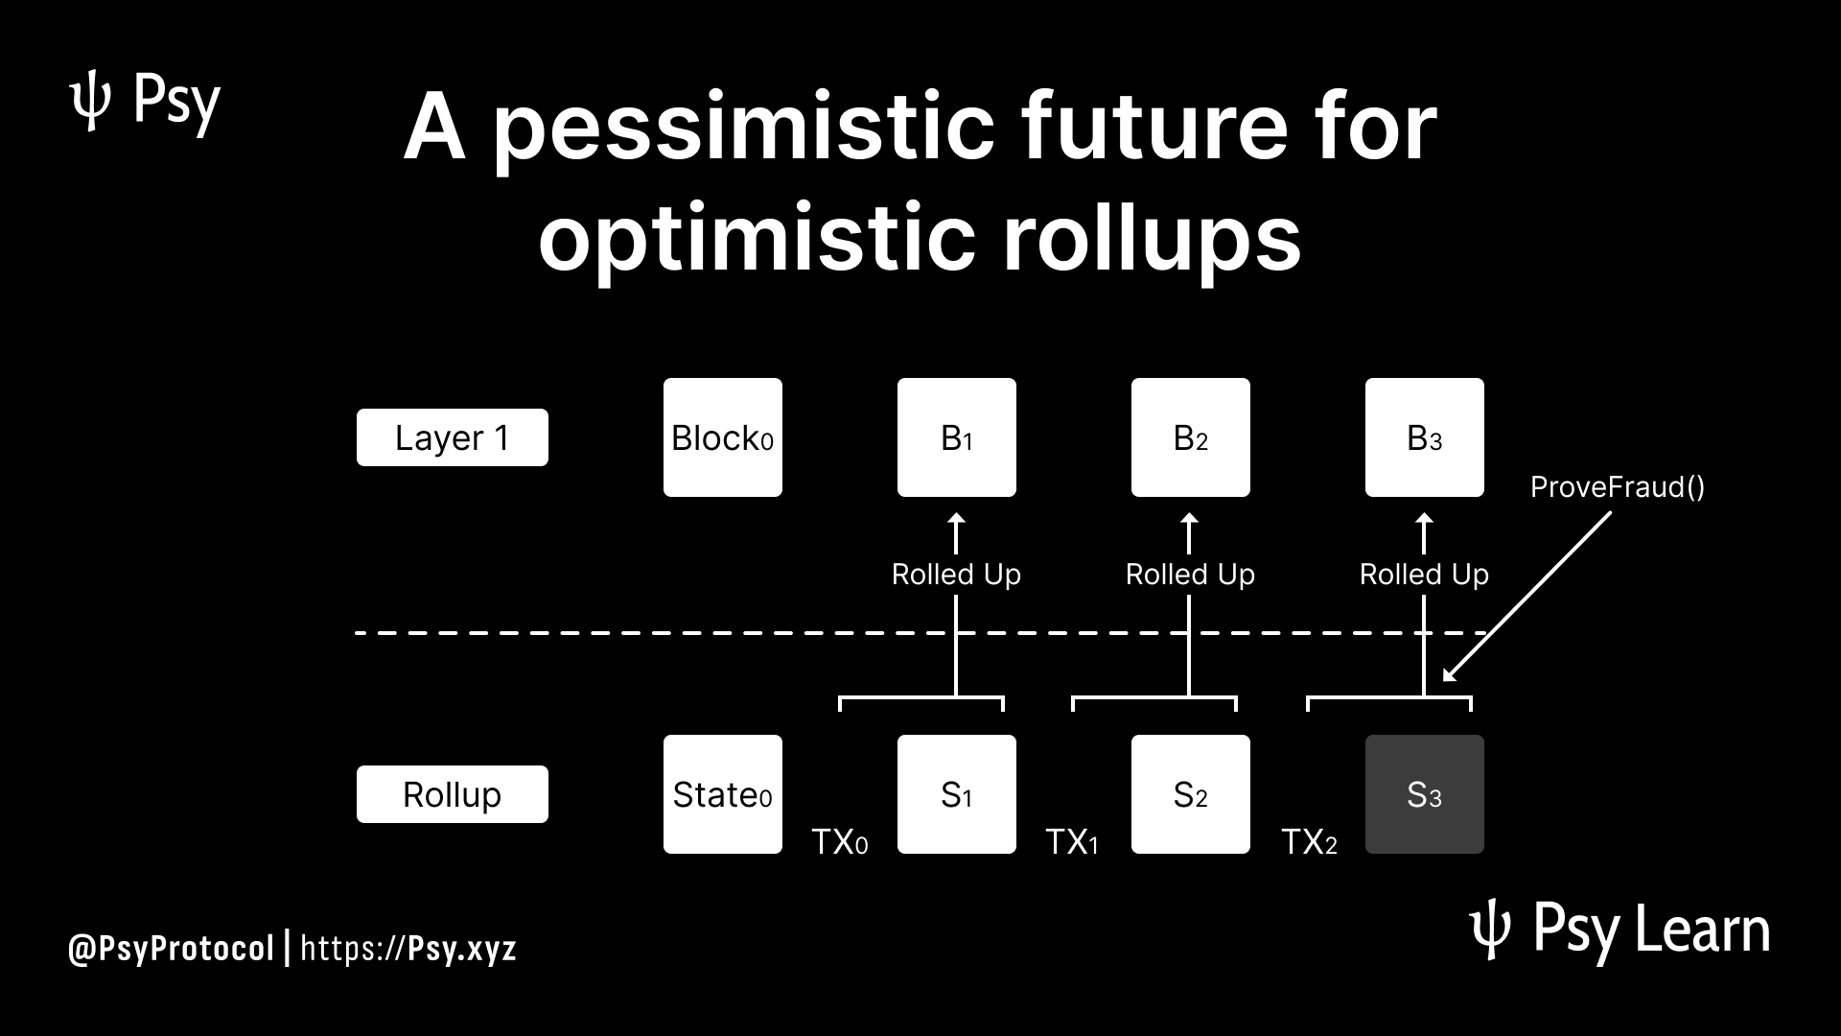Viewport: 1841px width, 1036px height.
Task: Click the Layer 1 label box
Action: [x=453, y=437]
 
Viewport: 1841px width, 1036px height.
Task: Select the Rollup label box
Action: [x=453, y=794]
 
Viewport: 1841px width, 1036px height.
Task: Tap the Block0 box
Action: [x=723, y=437]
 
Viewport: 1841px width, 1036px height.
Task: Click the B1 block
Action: [x=957, y=437]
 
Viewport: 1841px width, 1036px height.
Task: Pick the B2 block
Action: [x=1191, y=437]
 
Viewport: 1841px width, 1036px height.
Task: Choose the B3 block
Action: [x=1425, y=437]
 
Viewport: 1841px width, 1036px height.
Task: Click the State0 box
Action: [x=723, y=794]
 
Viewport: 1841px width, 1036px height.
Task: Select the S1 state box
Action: [x=957, y=794]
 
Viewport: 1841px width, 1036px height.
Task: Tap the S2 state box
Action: [x=1191, y=794]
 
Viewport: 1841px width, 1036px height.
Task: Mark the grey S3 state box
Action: [x=1425, y=794]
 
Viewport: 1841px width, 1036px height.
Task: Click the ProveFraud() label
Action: [x=1618, y=487]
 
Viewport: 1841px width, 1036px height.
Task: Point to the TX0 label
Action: [x=840, y=841]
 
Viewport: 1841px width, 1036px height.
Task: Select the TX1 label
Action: [x=1072, y=841]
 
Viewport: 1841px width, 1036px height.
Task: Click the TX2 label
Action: [x=1309, y=841]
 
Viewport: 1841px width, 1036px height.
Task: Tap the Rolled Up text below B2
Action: [x=1190, y=574]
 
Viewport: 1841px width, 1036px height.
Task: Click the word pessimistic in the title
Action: [x=744, y=129]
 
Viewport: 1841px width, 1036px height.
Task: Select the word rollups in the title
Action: [x=1152, y=238]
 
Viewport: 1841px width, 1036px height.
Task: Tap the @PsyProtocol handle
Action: [x=172, y=949]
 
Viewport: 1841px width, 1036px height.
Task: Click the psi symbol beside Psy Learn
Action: [x=1490, y=932]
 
